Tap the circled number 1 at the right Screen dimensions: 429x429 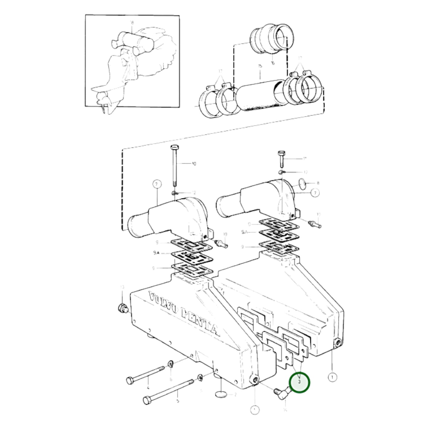pos(332,377)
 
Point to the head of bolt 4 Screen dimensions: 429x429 pos(129,380)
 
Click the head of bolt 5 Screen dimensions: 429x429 pos(147,399)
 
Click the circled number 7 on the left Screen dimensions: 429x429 pos(156,184)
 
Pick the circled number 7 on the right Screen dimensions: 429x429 pos(315,193)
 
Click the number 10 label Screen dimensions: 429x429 pos(194,163)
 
